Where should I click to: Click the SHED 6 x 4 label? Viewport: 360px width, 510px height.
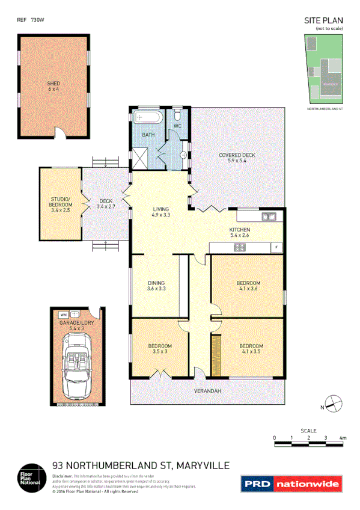[53, 85]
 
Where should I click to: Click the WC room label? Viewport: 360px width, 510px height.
[178, 126]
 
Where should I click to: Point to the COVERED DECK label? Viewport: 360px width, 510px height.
[237, 158]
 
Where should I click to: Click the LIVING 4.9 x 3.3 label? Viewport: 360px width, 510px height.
[160, 212]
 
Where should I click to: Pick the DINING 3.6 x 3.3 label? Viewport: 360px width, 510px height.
[156, 286]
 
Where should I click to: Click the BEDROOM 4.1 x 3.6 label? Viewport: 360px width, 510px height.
[248, 286]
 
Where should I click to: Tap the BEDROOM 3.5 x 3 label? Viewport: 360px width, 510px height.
[160, 349]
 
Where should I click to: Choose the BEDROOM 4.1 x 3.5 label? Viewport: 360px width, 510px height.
[251, 349]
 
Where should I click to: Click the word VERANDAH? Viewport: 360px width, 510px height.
[207, 392]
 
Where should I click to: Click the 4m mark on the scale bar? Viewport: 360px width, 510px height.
[343, 438]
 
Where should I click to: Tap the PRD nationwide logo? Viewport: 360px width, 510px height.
[291, 484]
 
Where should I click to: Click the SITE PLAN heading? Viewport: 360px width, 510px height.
[324, 21]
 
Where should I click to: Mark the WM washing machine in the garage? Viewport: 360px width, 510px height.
[63, 314]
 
